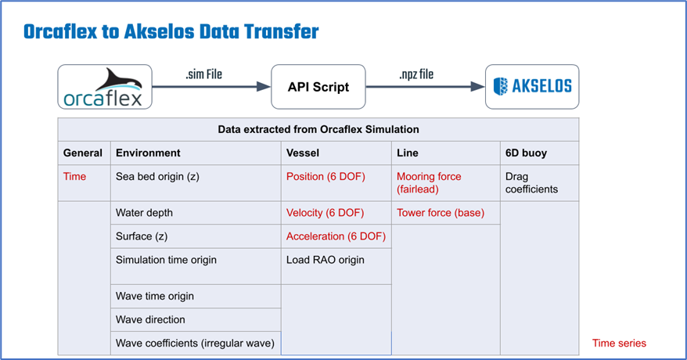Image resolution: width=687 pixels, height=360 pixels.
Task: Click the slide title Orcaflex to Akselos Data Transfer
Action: pos(171,32)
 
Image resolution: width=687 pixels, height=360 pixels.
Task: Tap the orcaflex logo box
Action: pos(105,86)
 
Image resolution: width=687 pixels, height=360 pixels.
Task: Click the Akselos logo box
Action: pos(532,86)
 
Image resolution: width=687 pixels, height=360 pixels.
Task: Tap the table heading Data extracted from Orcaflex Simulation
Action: pos(318,129)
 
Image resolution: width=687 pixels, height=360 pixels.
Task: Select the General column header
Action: pos(83,153)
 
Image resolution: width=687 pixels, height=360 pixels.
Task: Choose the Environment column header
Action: pos(148,153)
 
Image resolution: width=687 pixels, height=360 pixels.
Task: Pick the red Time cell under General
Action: pos(75,176)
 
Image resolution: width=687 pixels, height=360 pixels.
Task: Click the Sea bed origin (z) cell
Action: pos(157,176)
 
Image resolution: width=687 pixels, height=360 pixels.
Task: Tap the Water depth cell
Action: pos(144,213)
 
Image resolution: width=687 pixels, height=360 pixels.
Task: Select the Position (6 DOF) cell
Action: pos(326,176)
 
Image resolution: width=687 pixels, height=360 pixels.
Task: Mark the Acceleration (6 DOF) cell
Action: pos(336,236)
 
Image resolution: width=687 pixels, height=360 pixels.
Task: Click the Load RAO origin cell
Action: pos(325,260)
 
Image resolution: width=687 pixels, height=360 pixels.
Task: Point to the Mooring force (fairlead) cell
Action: pos(429,182)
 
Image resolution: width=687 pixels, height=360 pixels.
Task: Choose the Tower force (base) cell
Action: pos(441,213)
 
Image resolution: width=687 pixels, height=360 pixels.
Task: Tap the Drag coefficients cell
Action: pos(531,182)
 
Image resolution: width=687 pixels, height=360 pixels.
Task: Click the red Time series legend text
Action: pos(619,343)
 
